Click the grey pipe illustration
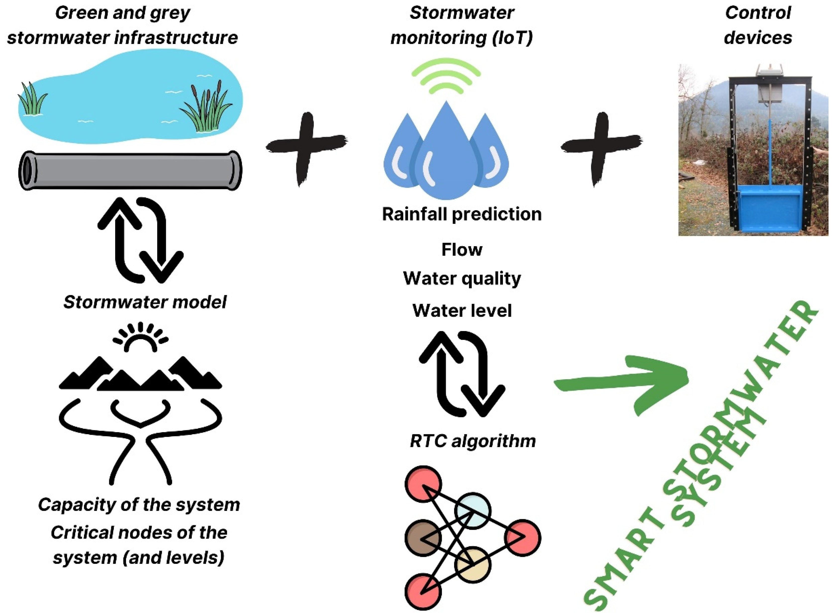tap(130, 171)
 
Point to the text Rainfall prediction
tap(462, 214)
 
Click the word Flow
tap(462, 249)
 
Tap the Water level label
tap(462, 310)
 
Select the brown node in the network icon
tap(423, 538)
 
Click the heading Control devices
tap(757, 25)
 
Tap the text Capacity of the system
tap(139, 505)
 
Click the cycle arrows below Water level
tap(462, 374)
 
